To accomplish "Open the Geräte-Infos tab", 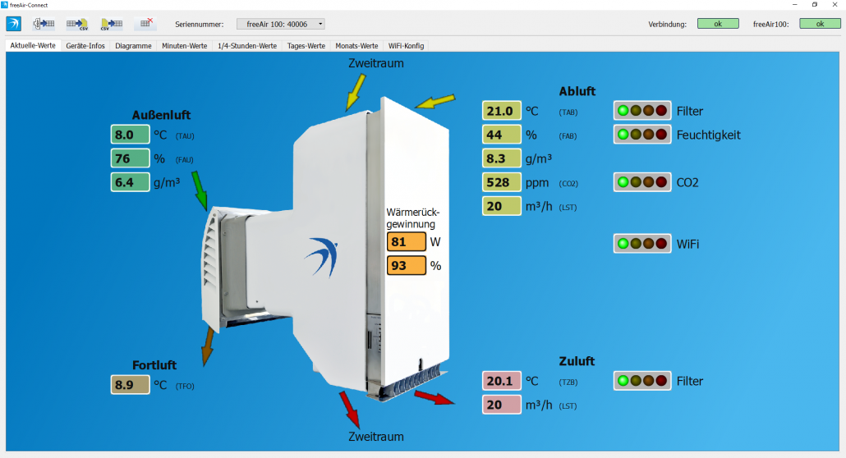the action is pos(85,46).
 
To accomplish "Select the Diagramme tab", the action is pos(133,46).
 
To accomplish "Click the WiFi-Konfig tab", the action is pos(407,46).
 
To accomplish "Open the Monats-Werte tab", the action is pos(356,46).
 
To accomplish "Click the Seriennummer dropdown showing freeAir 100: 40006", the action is pos(281,24).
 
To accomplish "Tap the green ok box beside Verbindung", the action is pos(718,24).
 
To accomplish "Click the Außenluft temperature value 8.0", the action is pos(130,135).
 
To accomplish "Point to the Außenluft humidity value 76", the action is pos(130,158).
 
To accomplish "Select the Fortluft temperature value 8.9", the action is pos(130,385).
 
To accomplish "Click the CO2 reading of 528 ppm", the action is pos(501,182).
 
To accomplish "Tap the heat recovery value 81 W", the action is pos(407,241).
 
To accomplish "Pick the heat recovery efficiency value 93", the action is pos(407,265).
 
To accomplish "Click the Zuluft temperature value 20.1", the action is pos(501,381).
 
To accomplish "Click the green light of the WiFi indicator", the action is pos(623,244).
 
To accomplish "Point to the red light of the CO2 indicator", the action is pos(661,182).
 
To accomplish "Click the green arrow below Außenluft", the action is pos(200,190).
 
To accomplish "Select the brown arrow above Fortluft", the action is pos(209,346).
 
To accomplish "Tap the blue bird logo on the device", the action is pos(323,257).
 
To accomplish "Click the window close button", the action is pos(835,5).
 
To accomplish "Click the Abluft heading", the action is pos(577,91).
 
